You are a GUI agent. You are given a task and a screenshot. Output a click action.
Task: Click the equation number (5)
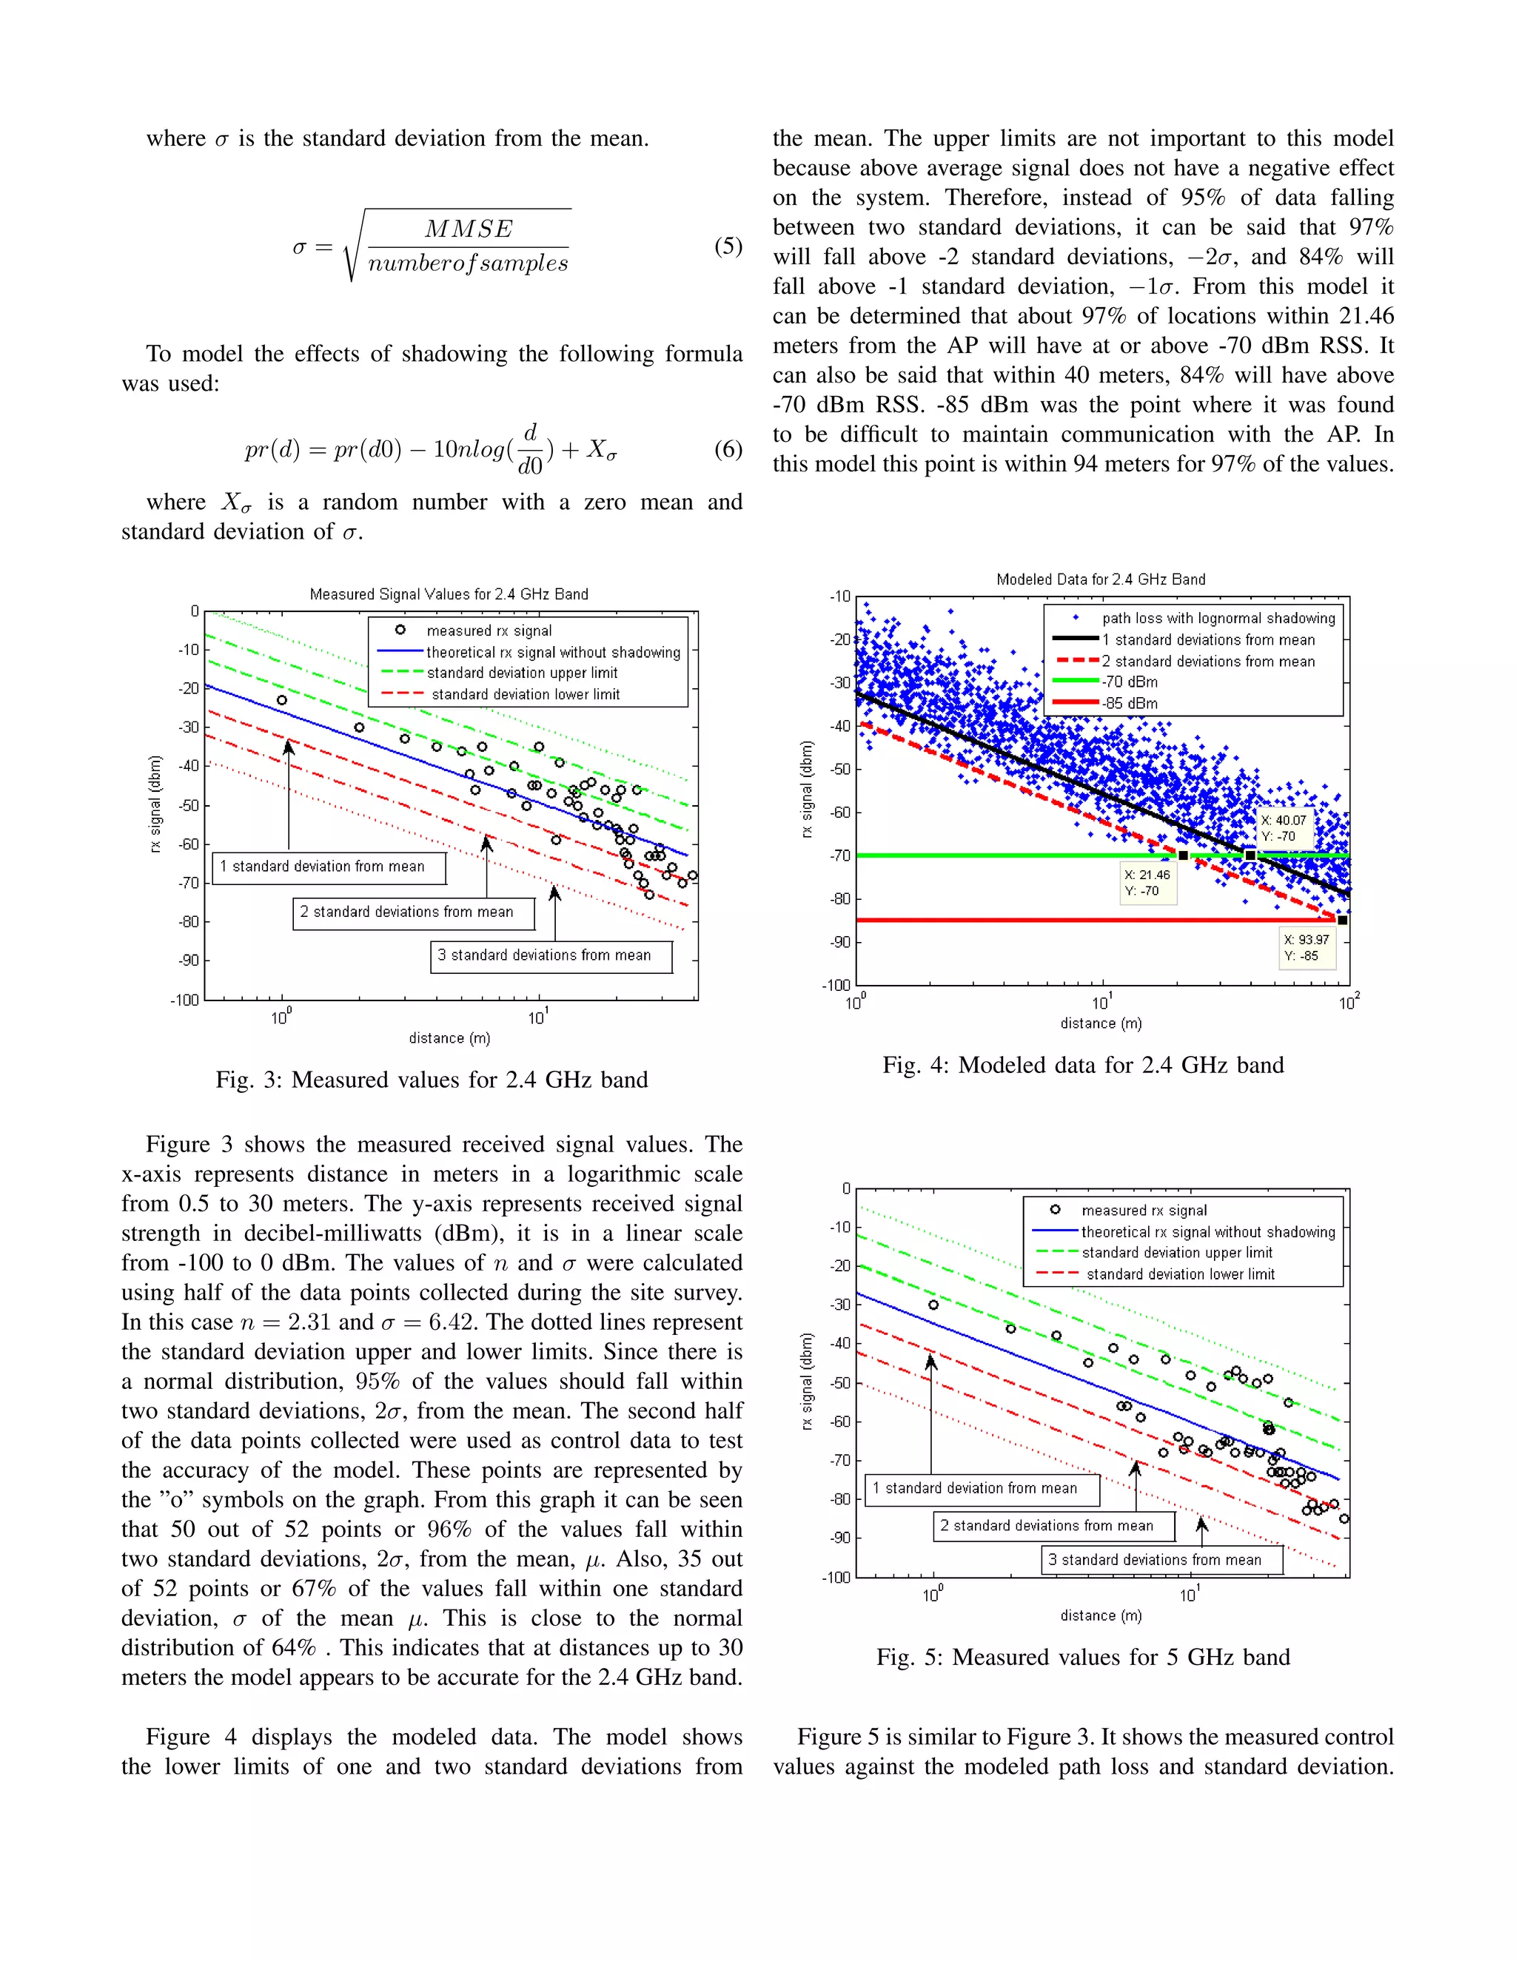[728, 246]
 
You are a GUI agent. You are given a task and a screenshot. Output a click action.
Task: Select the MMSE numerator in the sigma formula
[468, 229]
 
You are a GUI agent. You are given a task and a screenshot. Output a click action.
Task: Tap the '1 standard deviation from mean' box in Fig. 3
[329, 867]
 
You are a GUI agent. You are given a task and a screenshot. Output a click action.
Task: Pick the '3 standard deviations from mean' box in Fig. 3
[551, 955]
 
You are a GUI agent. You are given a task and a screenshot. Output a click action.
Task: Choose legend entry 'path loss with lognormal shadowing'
[1218, 618]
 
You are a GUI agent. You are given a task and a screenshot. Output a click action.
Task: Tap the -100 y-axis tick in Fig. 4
[836, 985]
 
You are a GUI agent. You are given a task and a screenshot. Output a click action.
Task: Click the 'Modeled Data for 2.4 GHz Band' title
[1100, 579]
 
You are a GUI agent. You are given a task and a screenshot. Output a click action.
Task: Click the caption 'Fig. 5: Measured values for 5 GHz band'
[1082, 1657]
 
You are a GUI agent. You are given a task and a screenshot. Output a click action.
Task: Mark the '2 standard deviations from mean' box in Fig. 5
[1053, 1526]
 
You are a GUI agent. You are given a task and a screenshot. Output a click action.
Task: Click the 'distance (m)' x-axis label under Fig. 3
[449, 1038]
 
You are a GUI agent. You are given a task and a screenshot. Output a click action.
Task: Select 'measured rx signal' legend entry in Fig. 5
[1143, 1211]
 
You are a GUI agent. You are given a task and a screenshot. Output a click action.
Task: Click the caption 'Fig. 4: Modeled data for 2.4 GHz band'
[1082, 1065]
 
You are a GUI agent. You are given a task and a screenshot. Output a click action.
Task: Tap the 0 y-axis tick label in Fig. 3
[194, 611]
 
